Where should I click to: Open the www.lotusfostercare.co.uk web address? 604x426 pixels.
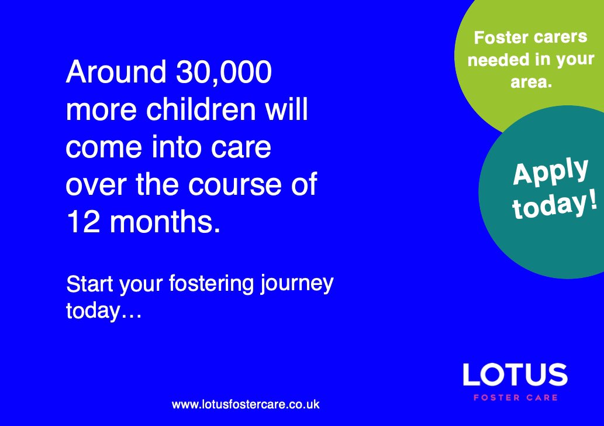(x=246, y=404)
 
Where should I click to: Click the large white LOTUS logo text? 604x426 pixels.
(x=515, y=375)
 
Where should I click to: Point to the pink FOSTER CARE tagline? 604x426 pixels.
(x=515, y=398)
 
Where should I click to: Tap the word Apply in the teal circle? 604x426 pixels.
(x=550, y=171)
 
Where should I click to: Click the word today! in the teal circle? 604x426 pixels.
(x=555, y=203)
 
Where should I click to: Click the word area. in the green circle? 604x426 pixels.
(x=531, y=83)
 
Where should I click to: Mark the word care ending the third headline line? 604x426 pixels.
(x=246, y=148)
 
